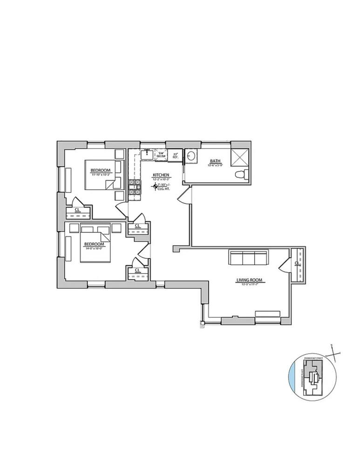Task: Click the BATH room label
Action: pyautogui.click(x=214, y=161)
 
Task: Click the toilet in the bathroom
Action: pyautogui.click(x=240, y=175)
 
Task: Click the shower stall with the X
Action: pyautogui.click(x=241, y=157)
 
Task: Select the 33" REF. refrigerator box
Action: pyautogui.click(x=176, y=156)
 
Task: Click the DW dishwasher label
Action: pyautogui.click(x=161, y=153)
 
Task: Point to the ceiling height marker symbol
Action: pyautogui.click(x=155, y=187)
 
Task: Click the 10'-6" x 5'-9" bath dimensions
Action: pyautogui.click(x=214, y=165)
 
